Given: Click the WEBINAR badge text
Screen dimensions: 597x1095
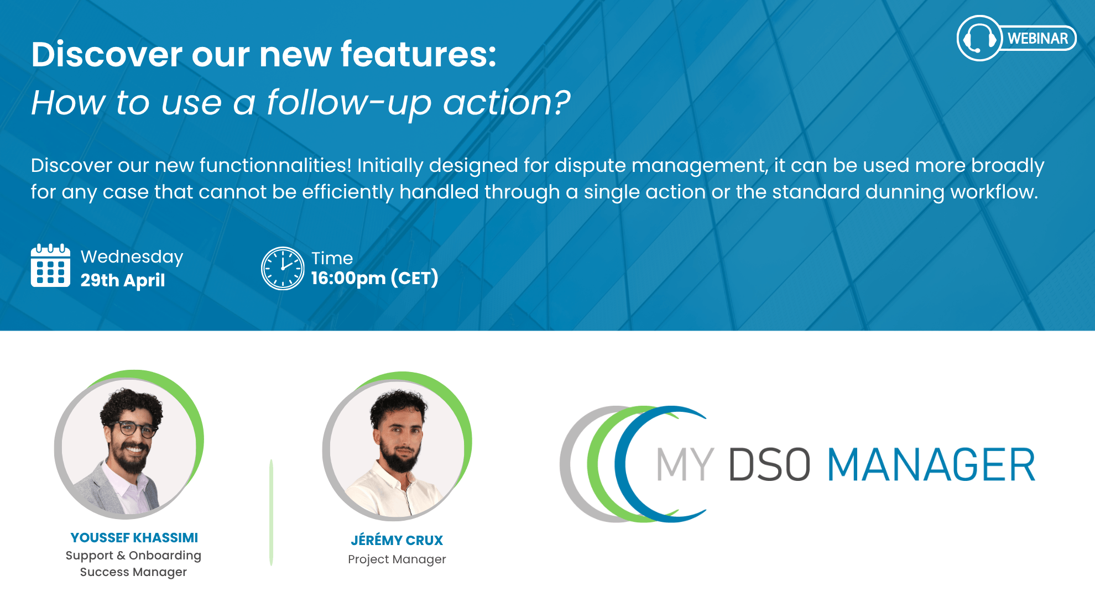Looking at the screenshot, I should click(1037, 39).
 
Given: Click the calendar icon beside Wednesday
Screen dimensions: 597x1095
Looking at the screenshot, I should click(50, 266).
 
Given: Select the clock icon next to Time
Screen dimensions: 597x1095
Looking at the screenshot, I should click(283, 268).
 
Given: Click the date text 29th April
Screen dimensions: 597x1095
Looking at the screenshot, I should click(123, 280).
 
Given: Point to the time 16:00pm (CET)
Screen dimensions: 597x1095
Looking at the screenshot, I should click(374, 277).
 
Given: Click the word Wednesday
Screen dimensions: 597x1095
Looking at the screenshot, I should click(132, 256).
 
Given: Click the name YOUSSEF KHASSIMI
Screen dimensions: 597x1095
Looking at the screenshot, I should click(134, 538).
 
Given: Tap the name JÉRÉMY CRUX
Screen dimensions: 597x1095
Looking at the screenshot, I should click(397, 540).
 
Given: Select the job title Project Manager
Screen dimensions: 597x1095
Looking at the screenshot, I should click(397, 559).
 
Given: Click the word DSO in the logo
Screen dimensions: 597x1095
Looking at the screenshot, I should click(769, 465).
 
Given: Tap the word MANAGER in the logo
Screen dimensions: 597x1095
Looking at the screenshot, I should click(931, 465).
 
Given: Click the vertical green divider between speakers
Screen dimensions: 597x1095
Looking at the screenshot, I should click(271, 512).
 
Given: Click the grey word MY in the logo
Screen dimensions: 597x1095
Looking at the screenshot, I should click(685, 465).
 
